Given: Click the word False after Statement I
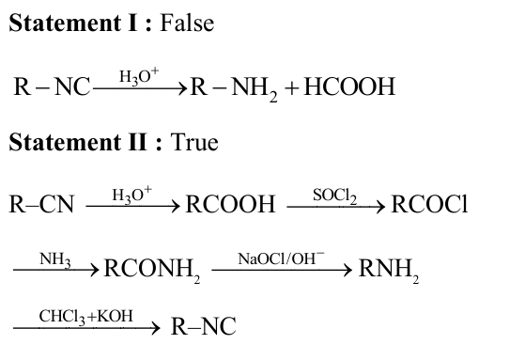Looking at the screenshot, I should (x=187, y=23).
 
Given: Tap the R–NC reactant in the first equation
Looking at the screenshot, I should (x=52, y=89).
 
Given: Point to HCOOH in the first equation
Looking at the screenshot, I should (x=347, y=89).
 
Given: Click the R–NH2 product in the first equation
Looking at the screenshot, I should (x=230, y=90).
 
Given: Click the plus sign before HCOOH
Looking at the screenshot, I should (x=288, y=89).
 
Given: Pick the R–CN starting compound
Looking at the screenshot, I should (x=41, y=205).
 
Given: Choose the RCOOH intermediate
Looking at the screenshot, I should (x=231, y=205).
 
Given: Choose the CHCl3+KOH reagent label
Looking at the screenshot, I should (x=85, y=316).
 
